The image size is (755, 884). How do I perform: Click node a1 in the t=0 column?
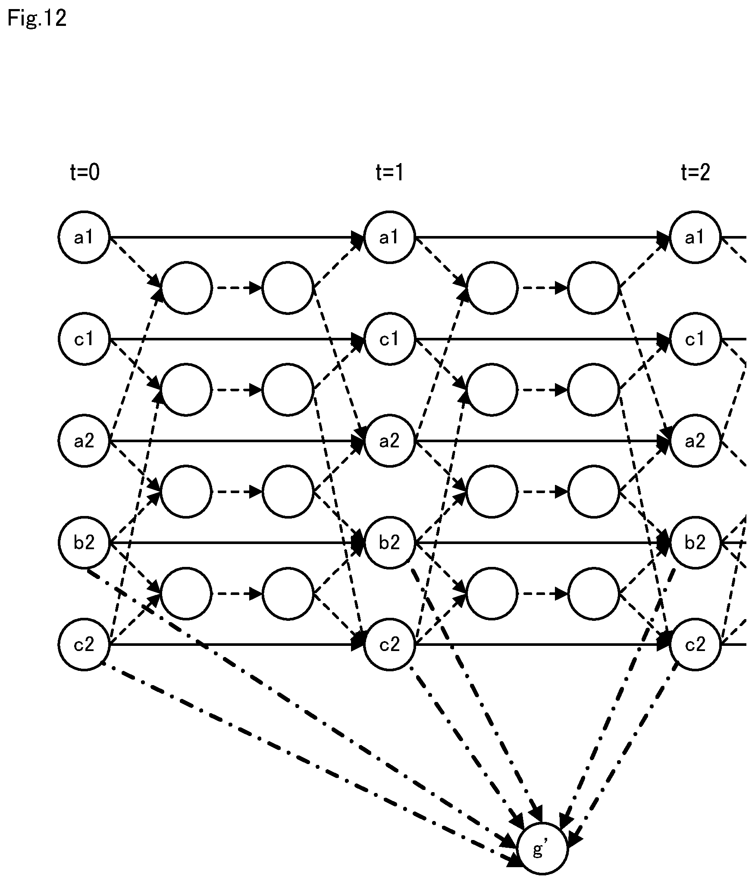(85, 237)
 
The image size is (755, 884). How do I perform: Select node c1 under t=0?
(85, 339)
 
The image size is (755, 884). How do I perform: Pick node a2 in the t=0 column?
(85, 441)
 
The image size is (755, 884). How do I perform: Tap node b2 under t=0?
(85, 543)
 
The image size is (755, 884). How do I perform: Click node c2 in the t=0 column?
(85, 645)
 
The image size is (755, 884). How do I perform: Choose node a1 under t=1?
(390, 237)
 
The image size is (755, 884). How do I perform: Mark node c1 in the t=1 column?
(390, 339)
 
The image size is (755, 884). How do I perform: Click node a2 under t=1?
(390, 441)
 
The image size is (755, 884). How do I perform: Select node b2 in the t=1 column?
(390, 543)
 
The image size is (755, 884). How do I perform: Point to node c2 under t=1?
(390, 645)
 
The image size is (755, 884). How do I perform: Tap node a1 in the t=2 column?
(695, 237)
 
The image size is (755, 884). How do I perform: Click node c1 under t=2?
(695, 339)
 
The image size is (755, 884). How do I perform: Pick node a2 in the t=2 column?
(695, 441)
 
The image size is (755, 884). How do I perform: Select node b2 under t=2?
(695, 543)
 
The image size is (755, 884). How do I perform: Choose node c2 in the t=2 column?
(695, 645)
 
